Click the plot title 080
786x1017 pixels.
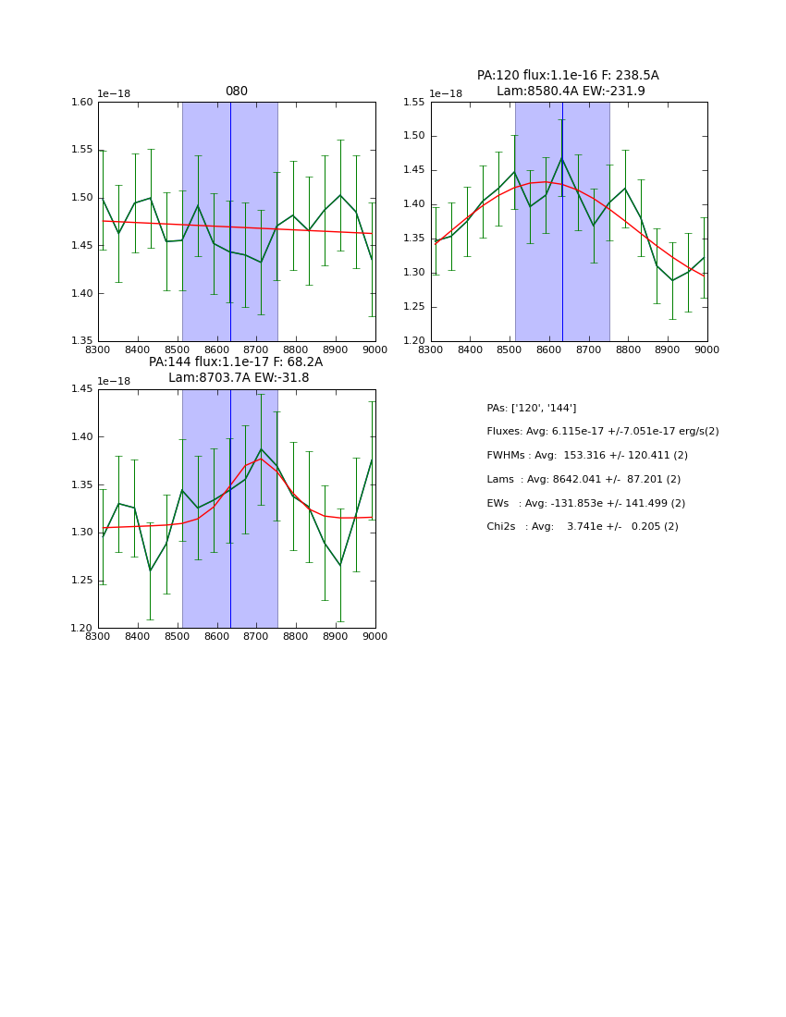pos(237,92)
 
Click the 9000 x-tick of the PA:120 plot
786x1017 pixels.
pos(707,349)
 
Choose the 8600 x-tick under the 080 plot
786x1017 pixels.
pos(216,349)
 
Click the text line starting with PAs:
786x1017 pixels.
pos(531,408)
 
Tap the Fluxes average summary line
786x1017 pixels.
pos(602,432)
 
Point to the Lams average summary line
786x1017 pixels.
pos(583,479)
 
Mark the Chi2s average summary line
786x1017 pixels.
pos(582,527)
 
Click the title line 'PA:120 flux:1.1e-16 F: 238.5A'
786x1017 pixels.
pos(568,76)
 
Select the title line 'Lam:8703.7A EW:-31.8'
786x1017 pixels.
pos(239,378)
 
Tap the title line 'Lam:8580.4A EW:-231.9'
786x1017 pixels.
pos(571,91)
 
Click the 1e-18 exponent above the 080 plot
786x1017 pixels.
pos(115,94)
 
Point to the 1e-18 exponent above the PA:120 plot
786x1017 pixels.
pos(448,94)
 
